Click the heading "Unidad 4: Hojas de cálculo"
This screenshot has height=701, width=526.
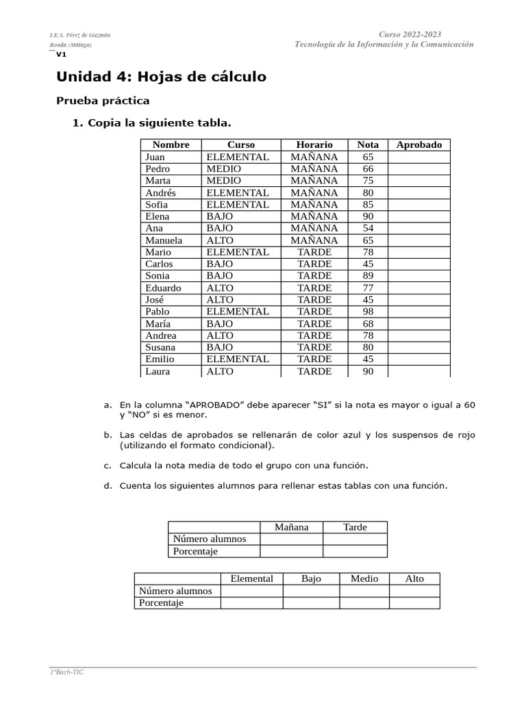[x=161, y=77]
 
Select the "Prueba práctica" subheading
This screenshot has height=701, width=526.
[x=102, y=101]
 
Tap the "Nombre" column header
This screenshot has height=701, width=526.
[x=171, y=144]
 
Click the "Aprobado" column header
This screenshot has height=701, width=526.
[x=418, y=144]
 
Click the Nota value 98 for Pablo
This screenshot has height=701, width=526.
[x=368, y=311]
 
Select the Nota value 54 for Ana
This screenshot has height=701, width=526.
[x=368, y=228]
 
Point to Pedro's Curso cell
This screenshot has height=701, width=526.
[x=224, y=168]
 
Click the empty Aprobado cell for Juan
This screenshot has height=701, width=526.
[x=418, y=157]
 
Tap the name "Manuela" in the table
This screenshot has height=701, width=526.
[x=164, y=240]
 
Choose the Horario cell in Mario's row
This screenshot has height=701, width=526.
[x=314, y=252]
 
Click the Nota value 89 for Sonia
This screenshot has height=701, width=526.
[x=368, y=276]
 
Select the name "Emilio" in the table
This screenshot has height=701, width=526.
[x=160, y=359]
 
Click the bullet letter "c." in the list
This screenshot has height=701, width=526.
[x=108, y=466]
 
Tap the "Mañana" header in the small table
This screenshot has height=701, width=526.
[x=291, y=527]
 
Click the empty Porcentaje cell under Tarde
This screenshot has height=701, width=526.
[x=355, y=551]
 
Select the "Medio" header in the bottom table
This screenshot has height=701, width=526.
[x=364, y=578]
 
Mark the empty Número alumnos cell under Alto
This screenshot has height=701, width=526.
[x=414, y=591]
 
